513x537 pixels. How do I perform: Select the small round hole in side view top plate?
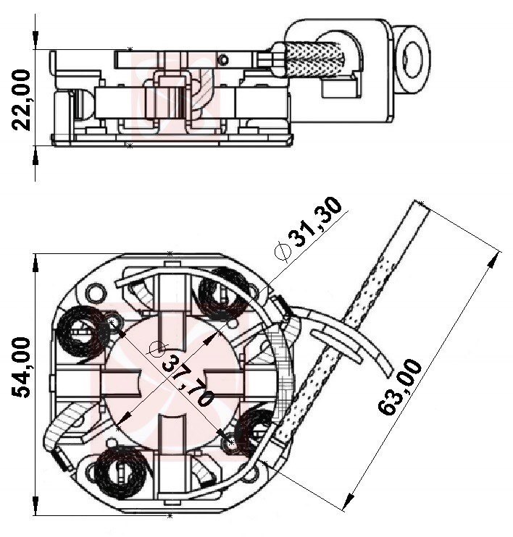pos(225,59)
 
